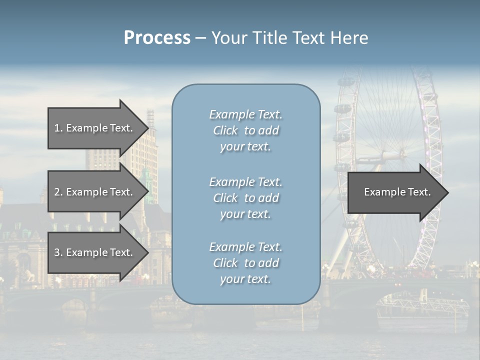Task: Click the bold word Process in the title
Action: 157,38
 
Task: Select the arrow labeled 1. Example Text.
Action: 95,128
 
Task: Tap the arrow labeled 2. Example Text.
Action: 95,192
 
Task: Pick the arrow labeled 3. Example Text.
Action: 95,252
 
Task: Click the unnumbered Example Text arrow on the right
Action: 395,192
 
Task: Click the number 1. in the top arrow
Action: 58,128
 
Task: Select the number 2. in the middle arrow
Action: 58,192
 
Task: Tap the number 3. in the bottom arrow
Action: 58,252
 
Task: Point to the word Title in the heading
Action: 268,38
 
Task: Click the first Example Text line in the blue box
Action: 246,114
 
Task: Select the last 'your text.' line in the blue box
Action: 245,279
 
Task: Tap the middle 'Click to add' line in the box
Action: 246,198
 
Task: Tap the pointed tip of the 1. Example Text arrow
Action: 148,128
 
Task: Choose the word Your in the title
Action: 227,38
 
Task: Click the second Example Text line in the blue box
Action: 246,182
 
